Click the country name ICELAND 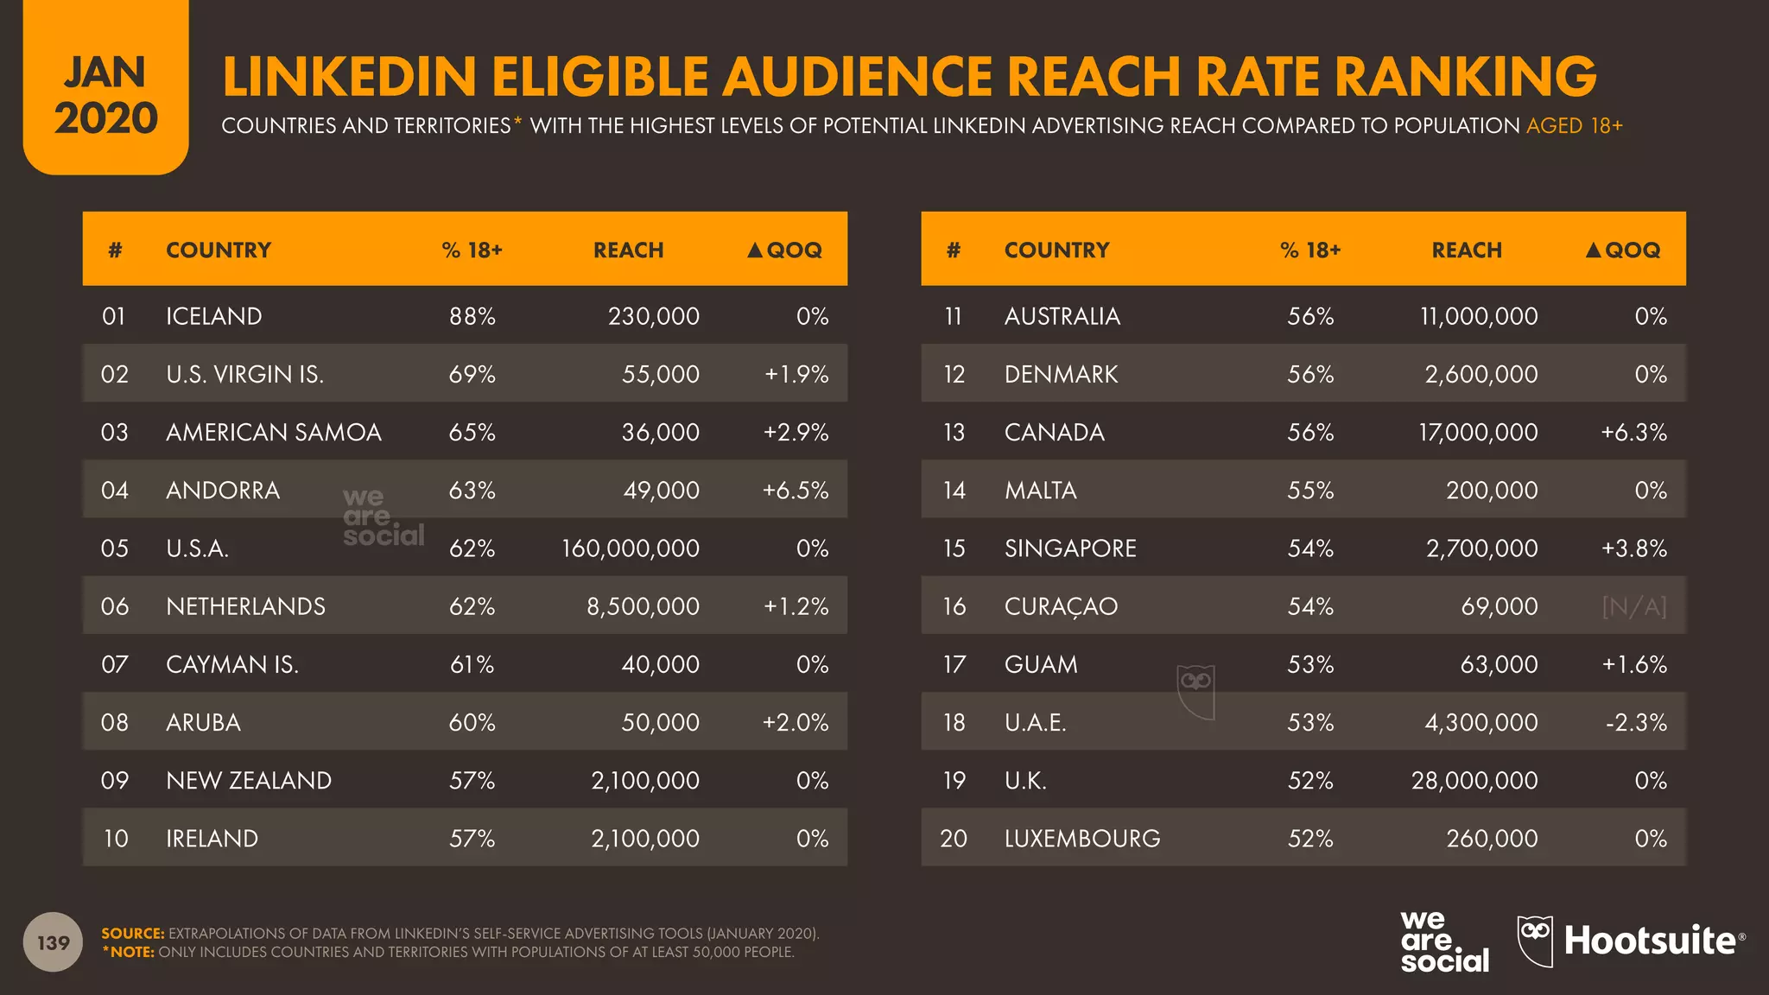pyautogui.click(x=213, y=316)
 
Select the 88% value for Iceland pyautogui.click(x=472, y=316)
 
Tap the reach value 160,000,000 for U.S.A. pyautogui.click(x=630, y=548)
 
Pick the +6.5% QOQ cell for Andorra pyautogui.click(x=795, y=491)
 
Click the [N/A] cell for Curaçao pyautogui.click(x=1633, y=606)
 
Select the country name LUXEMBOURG pyautogui.click(x=1081, y=839)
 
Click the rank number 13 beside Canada pyautogui.click(x=954, y=433)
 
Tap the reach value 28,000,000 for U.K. pyautogui.click(x=1474, y=781)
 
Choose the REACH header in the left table pyautogui.click(x=628, y=250)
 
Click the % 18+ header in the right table pyautogui.click(x=1309, y=250)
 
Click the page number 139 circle pyautogui.click(x=53, y=942)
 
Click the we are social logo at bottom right pyautogui.click(x=1443, y=941)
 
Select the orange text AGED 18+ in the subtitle pyautogui.click(x=1574, y=126)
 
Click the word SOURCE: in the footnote pyautogui.click(x=132, y=934)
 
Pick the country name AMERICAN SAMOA pyautogui.click(x=273, y=433)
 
